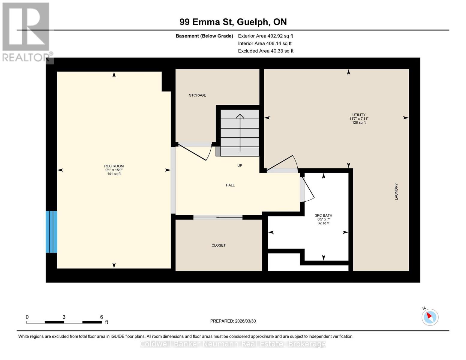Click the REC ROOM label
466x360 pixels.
(x=114, y=166)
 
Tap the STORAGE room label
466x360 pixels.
(x=197, y=95)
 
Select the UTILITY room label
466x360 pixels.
(x=359, y=115)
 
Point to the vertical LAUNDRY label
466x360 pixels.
(x=396, y=192)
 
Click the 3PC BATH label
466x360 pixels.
(x=323, y=215)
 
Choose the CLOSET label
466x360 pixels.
(x=218, y=245)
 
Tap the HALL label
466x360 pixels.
(x=230, y=185)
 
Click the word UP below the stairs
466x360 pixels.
(x=240, y=166)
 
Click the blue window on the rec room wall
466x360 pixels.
(x=51, y=232)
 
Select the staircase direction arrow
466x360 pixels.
(x=240, y=132)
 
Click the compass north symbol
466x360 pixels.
(x=430, y=317)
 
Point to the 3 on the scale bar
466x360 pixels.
(x=64, y=317)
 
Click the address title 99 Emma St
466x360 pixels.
(x=233, y=22)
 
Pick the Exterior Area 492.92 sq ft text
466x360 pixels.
(x=265, y=36)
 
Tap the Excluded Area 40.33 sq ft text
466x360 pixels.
(x=266, y=51)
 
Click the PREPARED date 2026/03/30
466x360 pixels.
(x=233, y=321)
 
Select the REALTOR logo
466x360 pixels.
(x=26, y=31)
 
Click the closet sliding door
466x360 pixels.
(x=218, y=217)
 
